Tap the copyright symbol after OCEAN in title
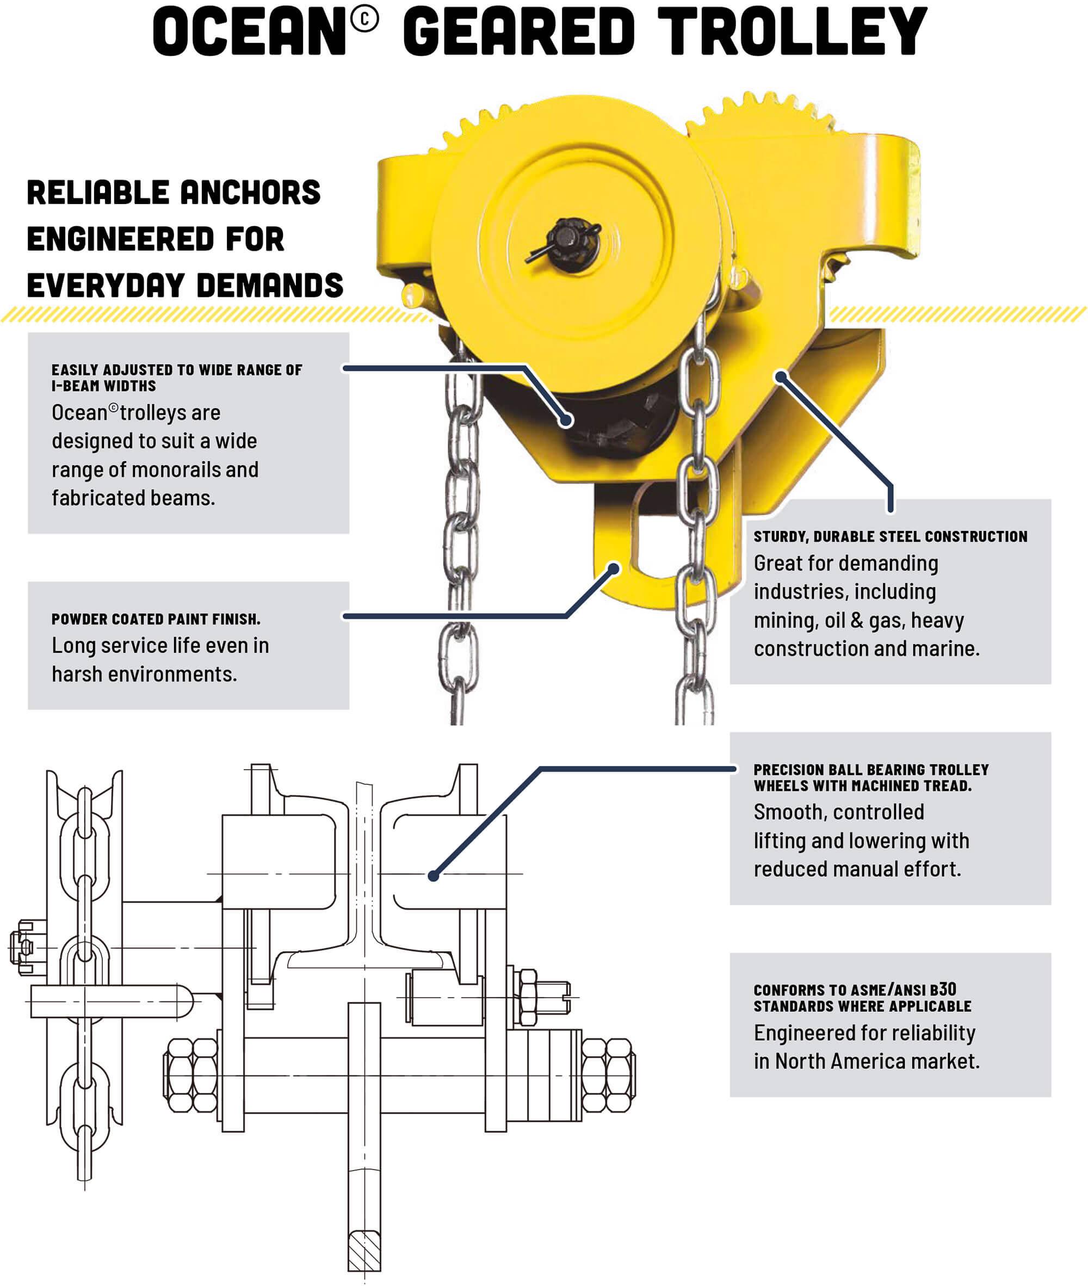coord(364,20)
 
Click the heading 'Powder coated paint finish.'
coord(156,619)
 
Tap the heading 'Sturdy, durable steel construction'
coord(890,536)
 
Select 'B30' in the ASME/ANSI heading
coord(943,990)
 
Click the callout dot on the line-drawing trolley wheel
coord(434,875)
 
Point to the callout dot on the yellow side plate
coord(781,375)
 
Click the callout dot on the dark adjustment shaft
coord(566,421)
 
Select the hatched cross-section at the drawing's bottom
coord(364,1250)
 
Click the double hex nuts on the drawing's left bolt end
coord(190,1075)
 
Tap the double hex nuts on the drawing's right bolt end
coord(608,1075)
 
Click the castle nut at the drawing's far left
coord(23,948)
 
